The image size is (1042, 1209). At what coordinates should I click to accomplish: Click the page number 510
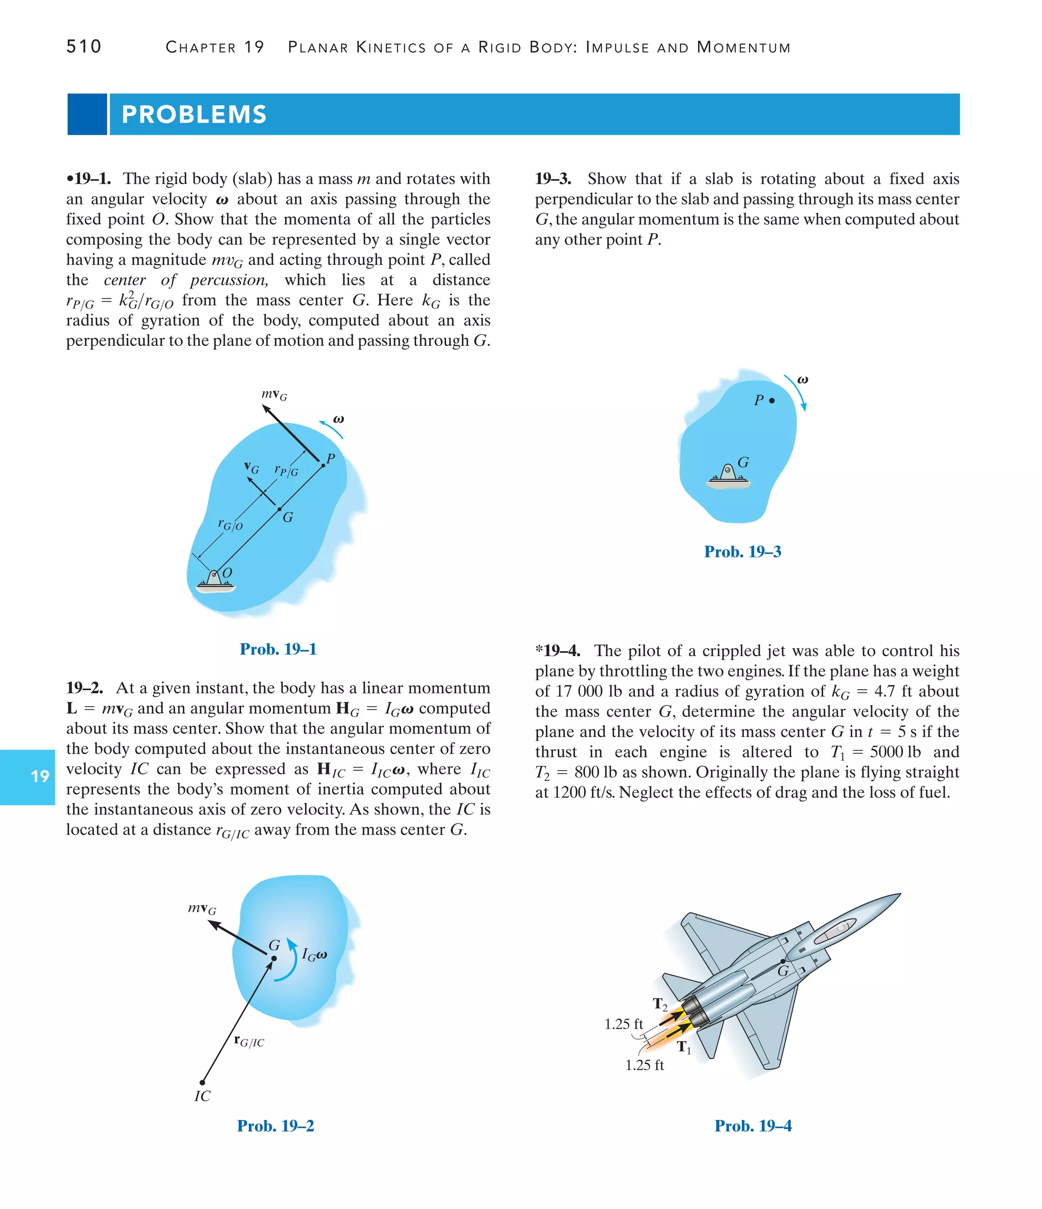point(83,47)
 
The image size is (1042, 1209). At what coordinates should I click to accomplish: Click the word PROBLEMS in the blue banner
point(194,114)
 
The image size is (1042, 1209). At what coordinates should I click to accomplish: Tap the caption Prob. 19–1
point(278,649)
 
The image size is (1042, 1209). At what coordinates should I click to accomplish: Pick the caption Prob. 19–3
point(742,551)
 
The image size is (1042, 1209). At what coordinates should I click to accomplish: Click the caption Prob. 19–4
point(752,1126)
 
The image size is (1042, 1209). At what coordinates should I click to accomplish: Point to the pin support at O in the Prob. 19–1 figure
point(215,580)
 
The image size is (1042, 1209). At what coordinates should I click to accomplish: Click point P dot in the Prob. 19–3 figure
point(772,400)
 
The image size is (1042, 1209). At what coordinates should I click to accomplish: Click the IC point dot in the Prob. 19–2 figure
point(202,1082)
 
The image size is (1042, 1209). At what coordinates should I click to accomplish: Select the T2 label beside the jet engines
point(659,1004)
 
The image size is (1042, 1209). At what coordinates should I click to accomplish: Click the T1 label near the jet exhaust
point(684,1047)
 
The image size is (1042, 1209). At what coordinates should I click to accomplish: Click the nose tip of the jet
point(899,895)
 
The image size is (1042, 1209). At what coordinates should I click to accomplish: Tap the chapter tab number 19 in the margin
point(40,776)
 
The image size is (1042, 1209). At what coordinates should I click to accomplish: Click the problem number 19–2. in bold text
point(84,688)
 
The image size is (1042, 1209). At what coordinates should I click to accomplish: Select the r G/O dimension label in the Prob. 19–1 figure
point(230,524)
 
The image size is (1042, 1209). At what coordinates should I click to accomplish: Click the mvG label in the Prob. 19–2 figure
point(202,908)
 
